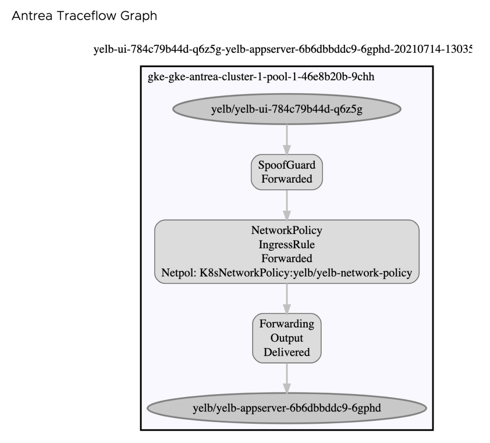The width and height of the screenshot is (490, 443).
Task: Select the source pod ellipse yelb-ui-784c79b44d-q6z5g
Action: [286, 110]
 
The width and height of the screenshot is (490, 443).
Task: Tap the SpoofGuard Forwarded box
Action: [287, 173]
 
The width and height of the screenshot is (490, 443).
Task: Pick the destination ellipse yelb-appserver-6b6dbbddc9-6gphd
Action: [286, 409]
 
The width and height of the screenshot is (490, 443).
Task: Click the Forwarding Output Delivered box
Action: [286, 338]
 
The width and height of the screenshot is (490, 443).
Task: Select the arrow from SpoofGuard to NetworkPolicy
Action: [286, 204]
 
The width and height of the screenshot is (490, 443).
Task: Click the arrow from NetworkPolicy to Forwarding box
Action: [286, 298]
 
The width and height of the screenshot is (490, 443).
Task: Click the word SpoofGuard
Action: [287, 166]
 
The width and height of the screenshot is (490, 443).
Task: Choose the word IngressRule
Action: [287, 245]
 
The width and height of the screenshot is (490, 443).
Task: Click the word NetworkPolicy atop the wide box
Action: [287, 230]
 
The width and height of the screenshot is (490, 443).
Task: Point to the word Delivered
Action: [287, 352]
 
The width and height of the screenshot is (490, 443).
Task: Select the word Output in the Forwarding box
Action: [287, 338]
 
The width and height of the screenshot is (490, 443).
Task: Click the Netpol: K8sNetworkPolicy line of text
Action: [287, 273]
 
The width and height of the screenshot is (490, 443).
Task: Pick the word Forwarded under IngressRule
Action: [287, 259]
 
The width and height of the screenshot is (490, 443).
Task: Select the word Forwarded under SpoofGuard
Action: [287, 180]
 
